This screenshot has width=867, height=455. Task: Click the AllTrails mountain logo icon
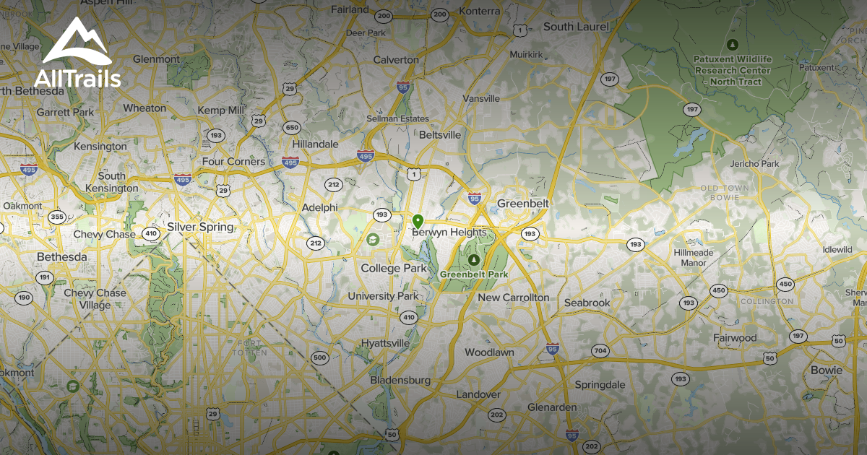point(77,40)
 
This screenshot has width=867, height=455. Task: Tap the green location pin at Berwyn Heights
point(417,220)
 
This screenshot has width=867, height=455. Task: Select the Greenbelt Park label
point(474,274)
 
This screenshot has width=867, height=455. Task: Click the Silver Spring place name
point(200,227)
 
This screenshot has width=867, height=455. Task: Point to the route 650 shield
point(292,128)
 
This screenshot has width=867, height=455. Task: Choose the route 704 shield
point(600,351)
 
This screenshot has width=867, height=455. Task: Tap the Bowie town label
point(827,370)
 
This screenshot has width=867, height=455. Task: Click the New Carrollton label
point(514,298)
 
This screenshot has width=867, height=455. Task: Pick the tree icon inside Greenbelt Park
point(474,259)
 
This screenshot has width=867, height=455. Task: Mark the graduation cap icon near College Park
point(373,239)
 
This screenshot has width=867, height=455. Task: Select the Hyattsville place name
point(385,342)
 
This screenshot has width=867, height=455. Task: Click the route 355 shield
point(57,217)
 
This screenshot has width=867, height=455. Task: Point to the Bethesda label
point(62,257)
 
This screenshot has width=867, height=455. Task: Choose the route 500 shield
point(319,358)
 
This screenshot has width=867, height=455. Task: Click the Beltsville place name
point(440,135)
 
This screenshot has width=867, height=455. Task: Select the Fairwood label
point(735,338)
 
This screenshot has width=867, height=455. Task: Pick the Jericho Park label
point(754,164)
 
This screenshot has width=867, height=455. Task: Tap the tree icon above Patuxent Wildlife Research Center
point(733,45)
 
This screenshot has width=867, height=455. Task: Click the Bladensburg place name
point(400,380)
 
